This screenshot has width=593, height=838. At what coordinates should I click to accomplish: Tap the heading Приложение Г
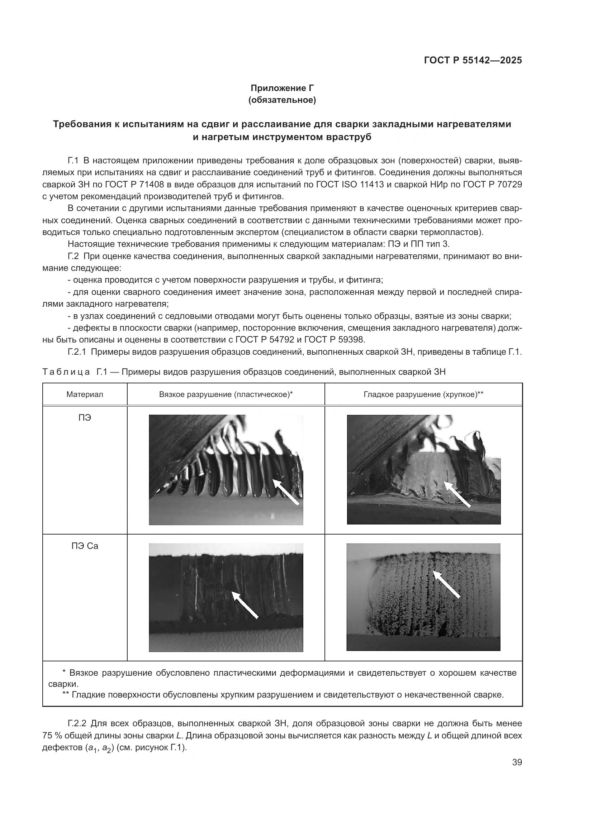click(x=282, y=88)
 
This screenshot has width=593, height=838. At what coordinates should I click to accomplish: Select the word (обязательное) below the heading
click(x=282, y=100)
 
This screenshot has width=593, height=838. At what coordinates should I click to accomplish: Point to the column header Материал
click(x=85, y=394)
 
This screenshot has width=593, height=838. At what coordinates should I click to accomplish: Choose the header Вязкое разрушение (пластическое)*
click(x=226, y=394)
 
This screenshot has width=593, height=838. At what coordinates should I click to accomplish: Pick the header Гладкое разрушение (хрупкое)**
click(x=423, y=394)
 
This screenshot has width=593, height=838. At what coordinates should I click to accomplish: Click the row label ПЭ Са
click(x=85, y=546)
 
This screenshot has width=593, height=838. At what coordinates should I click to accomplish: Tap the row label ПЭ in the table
click(x=85, y=417)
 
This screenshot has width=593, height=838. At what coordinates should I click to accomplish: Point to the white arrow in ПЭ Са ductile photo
click(x=245, y=605)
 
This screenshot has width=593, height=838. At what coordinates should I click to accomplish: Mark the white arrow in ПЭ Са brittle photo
click(x=446, y=585)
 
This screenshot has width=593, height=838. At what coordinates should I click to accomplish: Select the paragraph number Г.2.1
click(x=77, y=352)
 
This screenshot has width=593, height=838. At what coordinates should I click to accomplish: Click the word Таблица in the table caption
click(x=66, y=372)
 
